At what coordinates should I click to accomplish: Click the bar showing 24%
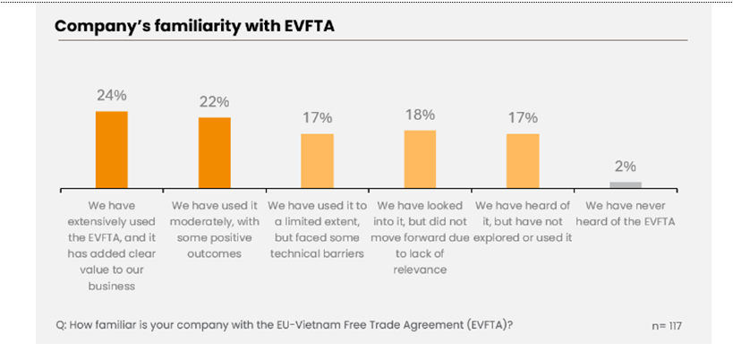point(111,149)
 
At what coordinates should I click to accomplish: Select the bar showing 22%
point(214,152)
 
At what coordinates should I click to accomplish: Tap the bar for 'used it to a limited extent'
point(317,160)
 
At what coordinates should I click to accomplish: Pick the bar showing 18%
point(420,159)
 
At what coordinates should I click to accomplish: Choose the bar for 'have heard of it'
point(523,160)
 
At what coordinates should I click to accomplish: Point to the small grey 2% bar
point(626,184)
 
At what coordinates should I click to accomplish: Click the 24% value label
point(111,94)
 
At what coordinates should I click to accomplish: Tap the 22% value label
point(214,100)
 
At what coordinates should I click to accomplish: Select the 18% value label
point(420,114)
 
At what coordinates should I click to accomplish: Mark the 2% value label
point(626,166)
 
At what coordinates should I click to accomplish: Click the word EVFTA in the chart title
point(301,26)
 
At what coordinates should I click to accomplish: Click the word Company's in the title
point(98,26)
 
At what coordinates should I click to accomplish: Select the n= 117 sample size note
point(667,325)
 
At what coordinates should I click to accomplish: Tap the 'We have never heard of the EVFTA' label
point(626,212)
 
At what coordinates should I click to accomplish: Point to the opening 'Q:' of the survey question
point(61,325)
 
